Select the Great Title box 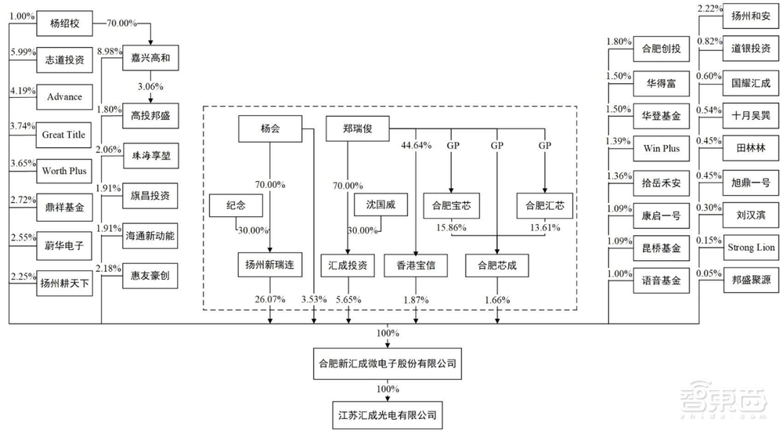pos(64,135)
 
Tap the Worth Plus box pos(64,171)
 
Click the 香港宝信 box pos(415,265)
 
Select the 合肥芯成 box pos(496,265)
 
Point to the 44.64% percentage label pos(415,146)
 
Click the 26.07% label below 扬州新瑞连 pos(269,301)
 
